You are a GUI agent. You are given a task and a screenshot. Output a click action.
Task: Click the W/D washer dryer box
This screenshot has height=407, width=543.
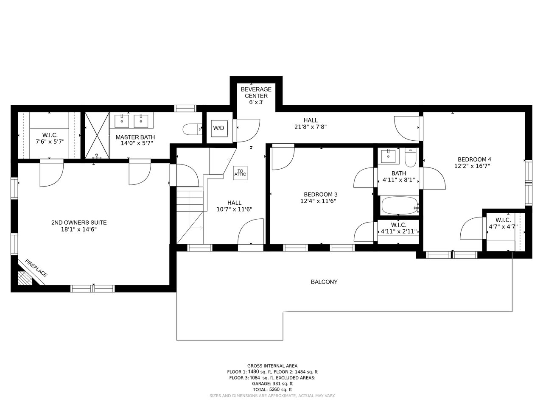tap(219, 128)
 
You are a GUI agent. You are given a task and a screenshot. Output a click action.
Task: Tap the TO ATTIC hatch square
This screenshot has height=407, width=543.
tap(240, 173)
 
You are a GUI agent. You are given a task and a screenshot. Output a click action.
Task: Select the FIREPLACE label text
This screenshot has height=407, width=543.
tap(36, 268)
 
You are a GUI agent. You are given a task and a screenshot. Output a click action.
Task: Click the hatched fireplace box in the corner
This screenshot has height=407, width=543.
tap(25, 278)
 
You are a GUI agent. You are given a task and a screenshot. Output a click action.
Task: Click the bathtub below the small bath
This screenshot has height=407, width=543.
tap(400, 206)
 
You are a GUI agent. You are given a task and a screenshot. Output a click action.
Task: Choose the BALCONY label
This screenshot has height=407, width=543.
tap(324, 282)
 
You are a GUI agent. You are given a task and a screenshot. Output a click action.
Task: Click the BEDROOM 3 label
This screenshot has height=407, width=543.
tap(321, 195)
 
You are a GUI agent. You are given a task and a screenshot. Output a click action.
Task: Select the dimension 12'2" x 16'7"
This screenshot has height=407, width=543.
tap(472, 166)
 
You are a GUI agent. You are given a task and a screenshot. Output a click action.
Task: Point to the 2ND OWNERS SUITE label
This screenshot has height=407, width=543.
tap(79, 223)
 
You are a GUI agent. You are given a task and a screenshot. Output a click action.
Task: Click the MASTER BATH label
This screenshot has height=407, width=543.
tap(135, 137)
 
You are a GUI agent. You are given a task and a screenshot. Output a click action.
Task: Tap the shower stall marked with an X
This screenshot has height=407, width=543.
tap(97, 135)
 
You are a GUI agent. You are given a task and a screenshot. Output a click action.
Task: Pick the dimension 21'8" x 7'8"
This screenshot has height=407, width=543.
tap(311, 127)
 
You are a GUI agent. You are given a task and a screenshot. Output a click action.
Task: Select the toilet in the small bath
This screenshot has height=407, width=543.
tap(410, 157)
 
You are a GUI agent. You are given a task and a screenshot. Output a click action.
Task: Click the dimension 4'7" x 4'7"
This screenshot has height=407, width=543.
tap(503, 226)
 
